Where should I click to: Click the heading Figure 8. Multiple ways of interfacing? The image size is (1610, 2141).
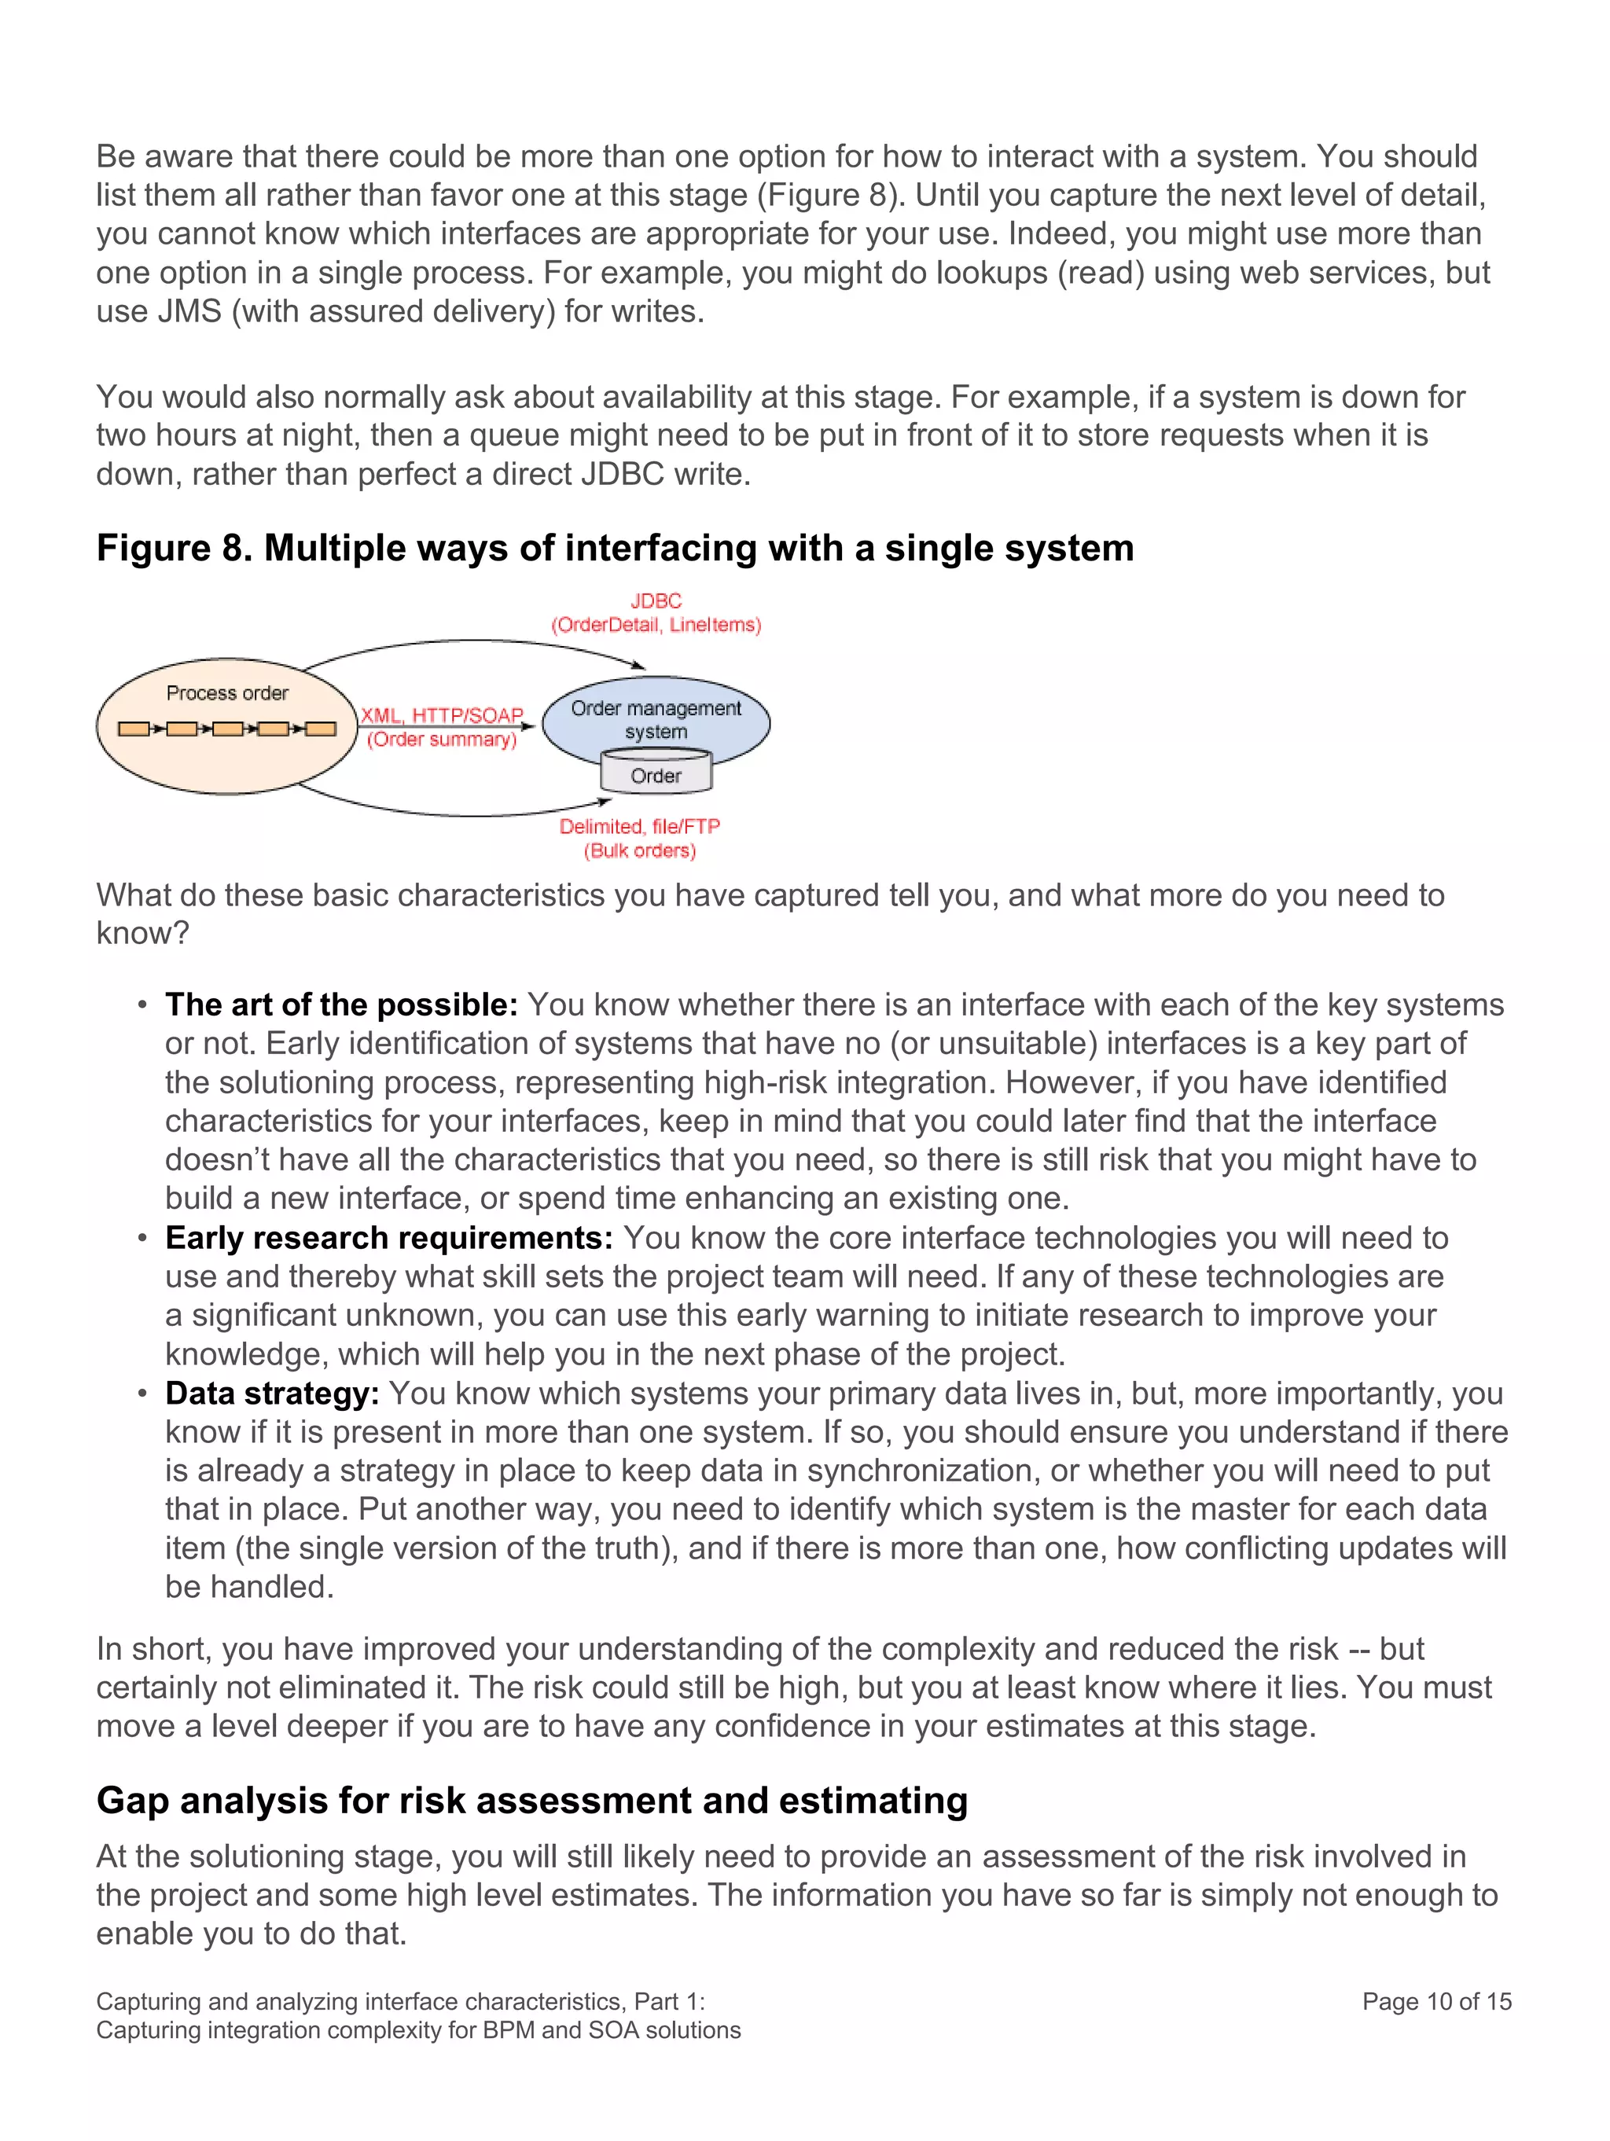click(615, 549)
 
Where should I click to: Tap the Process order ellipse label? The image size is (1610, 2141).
click(227, 693)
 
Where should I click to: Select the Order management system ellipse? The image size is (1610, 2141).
click(656, 719)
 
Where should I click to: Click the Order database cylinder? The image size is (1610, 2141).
click(656, 774)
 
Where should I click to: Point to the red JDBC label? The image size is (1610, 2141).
click(656, 601)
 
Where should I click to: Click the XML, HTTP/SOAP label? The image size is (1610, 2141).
click(442, 715)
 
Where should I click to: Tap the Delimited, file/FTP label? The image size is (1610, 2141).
click(639, 827)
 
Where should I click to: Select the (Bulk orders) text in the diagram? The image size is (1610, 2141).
click(639, 850)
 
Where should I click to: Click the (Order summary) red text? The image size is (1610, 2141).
click(442, 740)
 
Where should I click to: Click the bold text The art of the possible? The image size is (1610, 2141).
click(340, 1004)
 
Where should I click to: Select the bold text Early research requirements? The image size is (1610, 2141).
click(388, 1238)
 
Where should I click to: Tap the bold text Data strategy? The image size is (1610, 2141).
click(272, 1393)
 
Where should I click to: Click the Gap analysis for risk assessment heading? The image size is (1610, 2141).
click(531, 1801)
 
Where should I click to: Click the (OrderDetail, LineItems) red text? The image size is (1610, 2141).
click(656, 626)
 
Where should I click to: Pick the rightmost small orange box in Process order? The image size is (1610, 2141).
click(321, 729)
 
